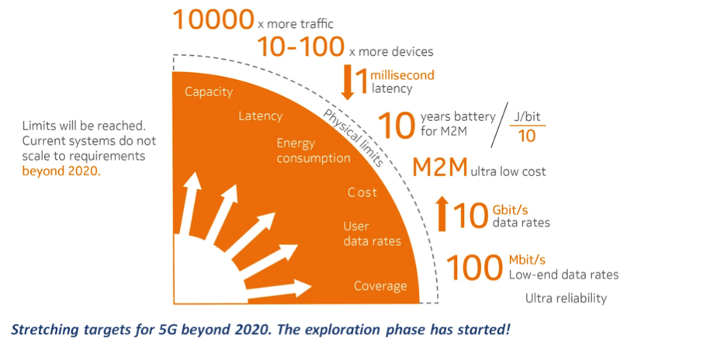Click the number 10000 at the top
(213, 20)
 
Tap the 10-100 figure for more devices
(300, 47)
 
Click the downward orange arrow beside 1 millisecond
(348, 83)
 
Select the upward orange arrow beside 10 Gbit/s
(442, 213)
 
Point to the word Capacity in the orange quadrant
(209, 92)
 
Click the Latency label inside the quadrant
(261, 116)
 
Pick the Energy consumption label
(314, 151)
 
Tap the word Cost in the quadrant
(362, 192)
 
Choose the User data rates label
(372, 234)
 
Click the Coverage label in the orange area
(380, 286)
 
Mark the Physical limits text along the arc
(353, 137)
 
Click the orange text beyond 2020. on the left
(61, 171)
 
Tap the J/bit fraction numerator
(527, 116)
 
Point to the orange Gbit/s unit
(511, 210)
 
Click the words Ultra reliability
(566, 298)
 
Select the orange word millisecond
(403, 74)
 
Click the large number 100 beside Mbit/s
(475, 268)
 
